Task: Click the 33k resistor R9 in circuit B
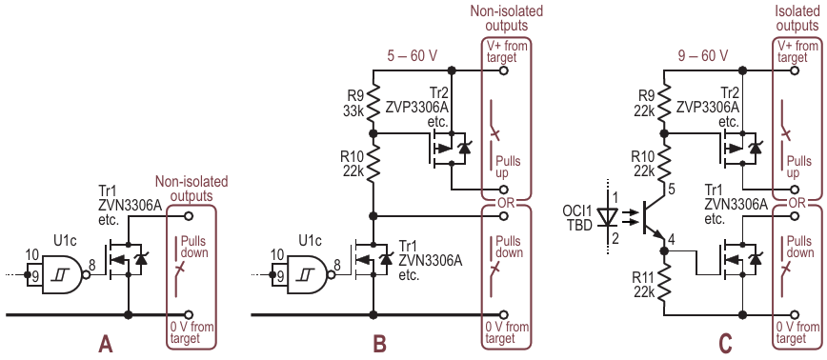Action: (373, 105)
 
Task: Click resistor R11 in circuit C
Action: (665, 288)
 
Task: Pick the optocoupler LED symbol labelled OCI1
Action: (606, 217)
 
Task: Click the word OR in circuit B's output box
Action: (505, 203)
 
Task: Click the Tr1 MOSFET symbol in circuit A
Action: (126, 259)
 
